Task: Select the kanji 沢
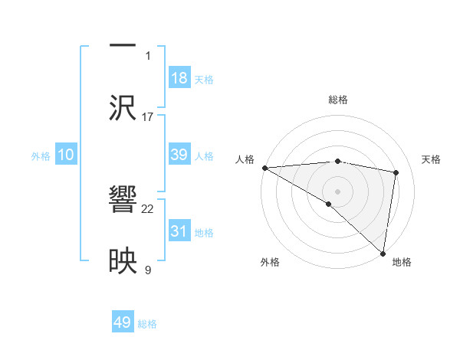pyautogui.click(x=123, y=106)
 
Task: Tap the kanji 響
pyautogui.click(x=123, y=202)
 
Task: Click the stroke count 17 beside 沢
pyautogui.click(x=148, y=116)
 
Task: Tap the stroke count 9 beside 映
pyautogui.click(x=148, y=270)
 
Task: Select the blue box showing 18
pyautogui.click(x=179, y=77)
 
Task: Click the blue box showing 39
pyautogui.click(x=179, y=155)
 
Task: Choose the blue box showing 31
pyautogui.click(x=179, y=231)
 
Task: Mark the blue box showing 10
pyautogui.click(x=65, y=155)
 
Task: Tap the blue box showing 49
pyautogui.click(x=123, y=322)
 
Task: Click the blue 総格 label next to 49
pyautogui.click(x=147, y=324)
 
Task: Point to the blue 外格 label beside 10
pyautogui.click(x=41, y=156)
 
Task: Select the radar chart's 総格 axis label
pyautogui.click(x=337, y=100)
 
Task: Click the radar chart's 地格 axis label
pyautogui.click(x=402, y=262)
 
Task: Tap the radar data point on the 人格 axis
pyautogui.click(x=264, y=168)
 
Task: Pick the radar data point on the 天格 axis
pyautogui.click(x=396, y=172)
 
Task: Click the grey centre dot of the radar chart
pyautogui.click(x=337, y=191)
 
